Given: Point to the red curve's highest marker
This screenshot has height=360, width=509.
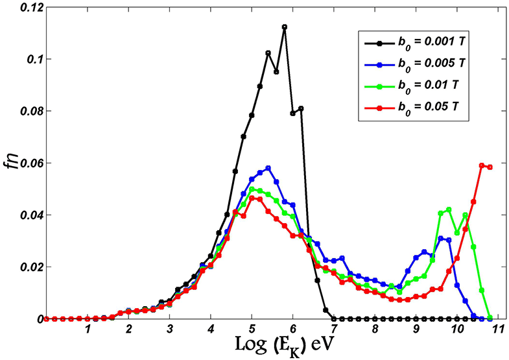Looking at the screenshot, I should (x=482, y=165).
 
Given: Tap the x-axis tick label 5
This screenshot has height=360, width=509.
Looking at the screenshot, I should (x=252, y=330).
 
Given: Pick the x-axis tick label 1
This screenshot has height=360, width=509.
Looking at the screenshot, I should (x=88, y=330).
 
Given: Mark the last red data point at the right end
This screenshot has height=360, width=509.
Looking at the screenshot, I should (x=490, y=167).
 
